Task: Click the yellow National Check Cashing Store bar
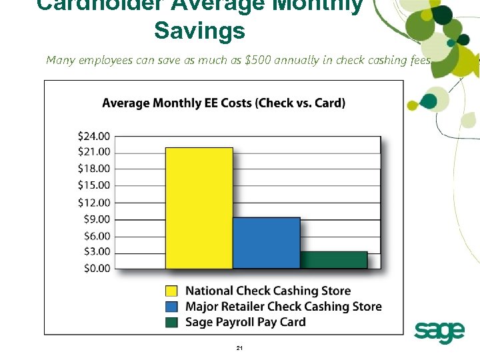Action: [x=199, y=208]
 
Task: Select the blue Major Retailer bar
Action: [x=267, y=243]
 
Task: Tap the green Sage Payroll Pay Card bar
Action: [x=333, y=260]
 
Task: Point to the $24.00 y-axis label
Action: [x=94, y=136]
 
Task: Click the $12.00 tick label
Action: [x=94, y=203]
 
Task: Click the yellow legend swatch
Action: [x=171, y=291]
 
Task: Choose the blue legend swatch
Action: [x=171, y=307]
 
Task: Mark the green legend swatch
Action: [x=171, y=323]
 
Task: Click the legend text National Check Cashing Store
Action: [x=267, y=291]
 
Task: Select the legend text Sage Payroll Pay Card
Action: [x=245, y=323]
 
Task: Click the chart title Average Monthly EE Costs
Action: [x=223, y=103]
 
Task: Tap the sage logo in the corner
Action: [x=439, y=331]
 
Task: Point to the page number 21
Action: [x=240, y=349]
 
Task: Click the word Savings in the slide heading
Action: [x=199, y=31]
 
